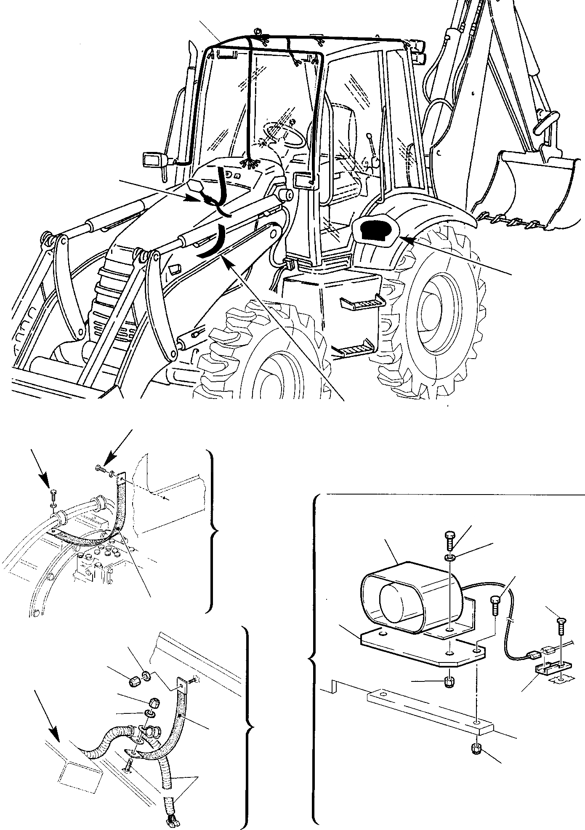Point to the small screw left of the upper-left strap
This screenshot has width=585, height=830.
coord(53,492)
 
